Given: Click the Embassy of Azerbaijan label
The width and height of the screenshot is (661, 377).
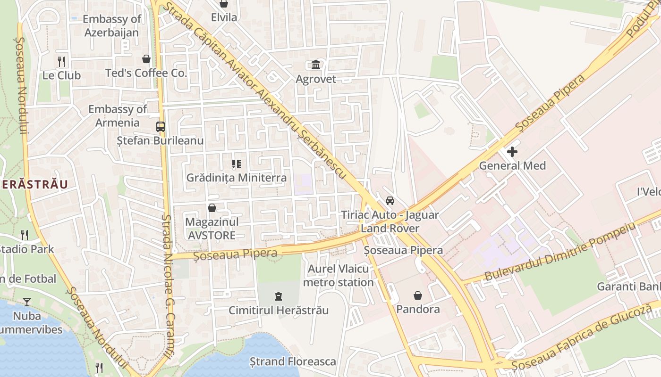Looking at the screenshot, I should point(112,26).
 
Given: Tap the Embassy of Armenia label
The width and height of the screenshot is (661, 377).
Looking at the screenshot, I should point(118,116).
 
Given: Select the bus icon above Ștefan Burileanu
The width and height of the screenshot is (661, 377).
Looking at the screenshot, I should point(161,127).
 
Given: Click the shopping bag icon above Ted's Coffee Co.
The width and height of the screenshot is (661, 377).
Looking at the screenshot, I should point(146,59).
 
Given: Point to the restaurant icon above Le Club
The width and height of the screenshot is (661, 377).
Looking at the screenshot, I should point(61,61).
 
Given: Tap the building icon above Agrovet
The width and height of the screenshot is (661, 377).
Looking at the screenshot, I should point(316,65).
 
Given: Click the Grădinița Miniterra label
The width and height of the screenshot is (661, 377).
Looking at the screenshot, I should point(236,178).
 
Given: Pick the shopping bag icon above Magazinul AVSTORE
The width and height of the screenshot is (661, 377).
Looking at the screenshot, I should point(212,207).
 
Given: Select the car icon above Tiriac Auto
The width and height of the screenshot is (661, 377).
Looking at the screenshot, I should point(390,201).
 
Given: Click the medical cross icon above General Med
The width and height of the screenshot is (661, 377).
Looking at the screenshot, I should point(512,152).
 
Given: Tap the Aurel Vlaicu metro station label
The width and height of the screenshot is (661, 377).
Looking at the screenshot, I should point(338,276).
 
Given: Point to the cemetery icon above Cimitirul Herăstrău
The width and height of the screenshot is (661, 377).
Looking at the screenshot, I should point(279,296).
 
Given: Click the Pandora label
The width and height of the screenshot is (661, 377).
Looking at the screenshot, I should point(418,309).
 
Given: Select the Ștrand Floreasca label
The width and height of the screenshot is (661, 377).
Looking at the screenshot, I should point(293,361).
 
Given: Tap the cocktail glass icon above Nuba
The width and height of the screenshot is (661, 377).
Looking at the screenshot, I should point(27,302).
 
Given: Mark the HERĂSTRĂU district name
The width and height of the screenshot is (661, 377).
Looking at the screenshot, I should point(34,184).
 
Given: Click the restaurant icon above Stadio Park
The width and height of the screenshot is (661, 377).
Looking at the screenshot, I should point(25,235).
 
